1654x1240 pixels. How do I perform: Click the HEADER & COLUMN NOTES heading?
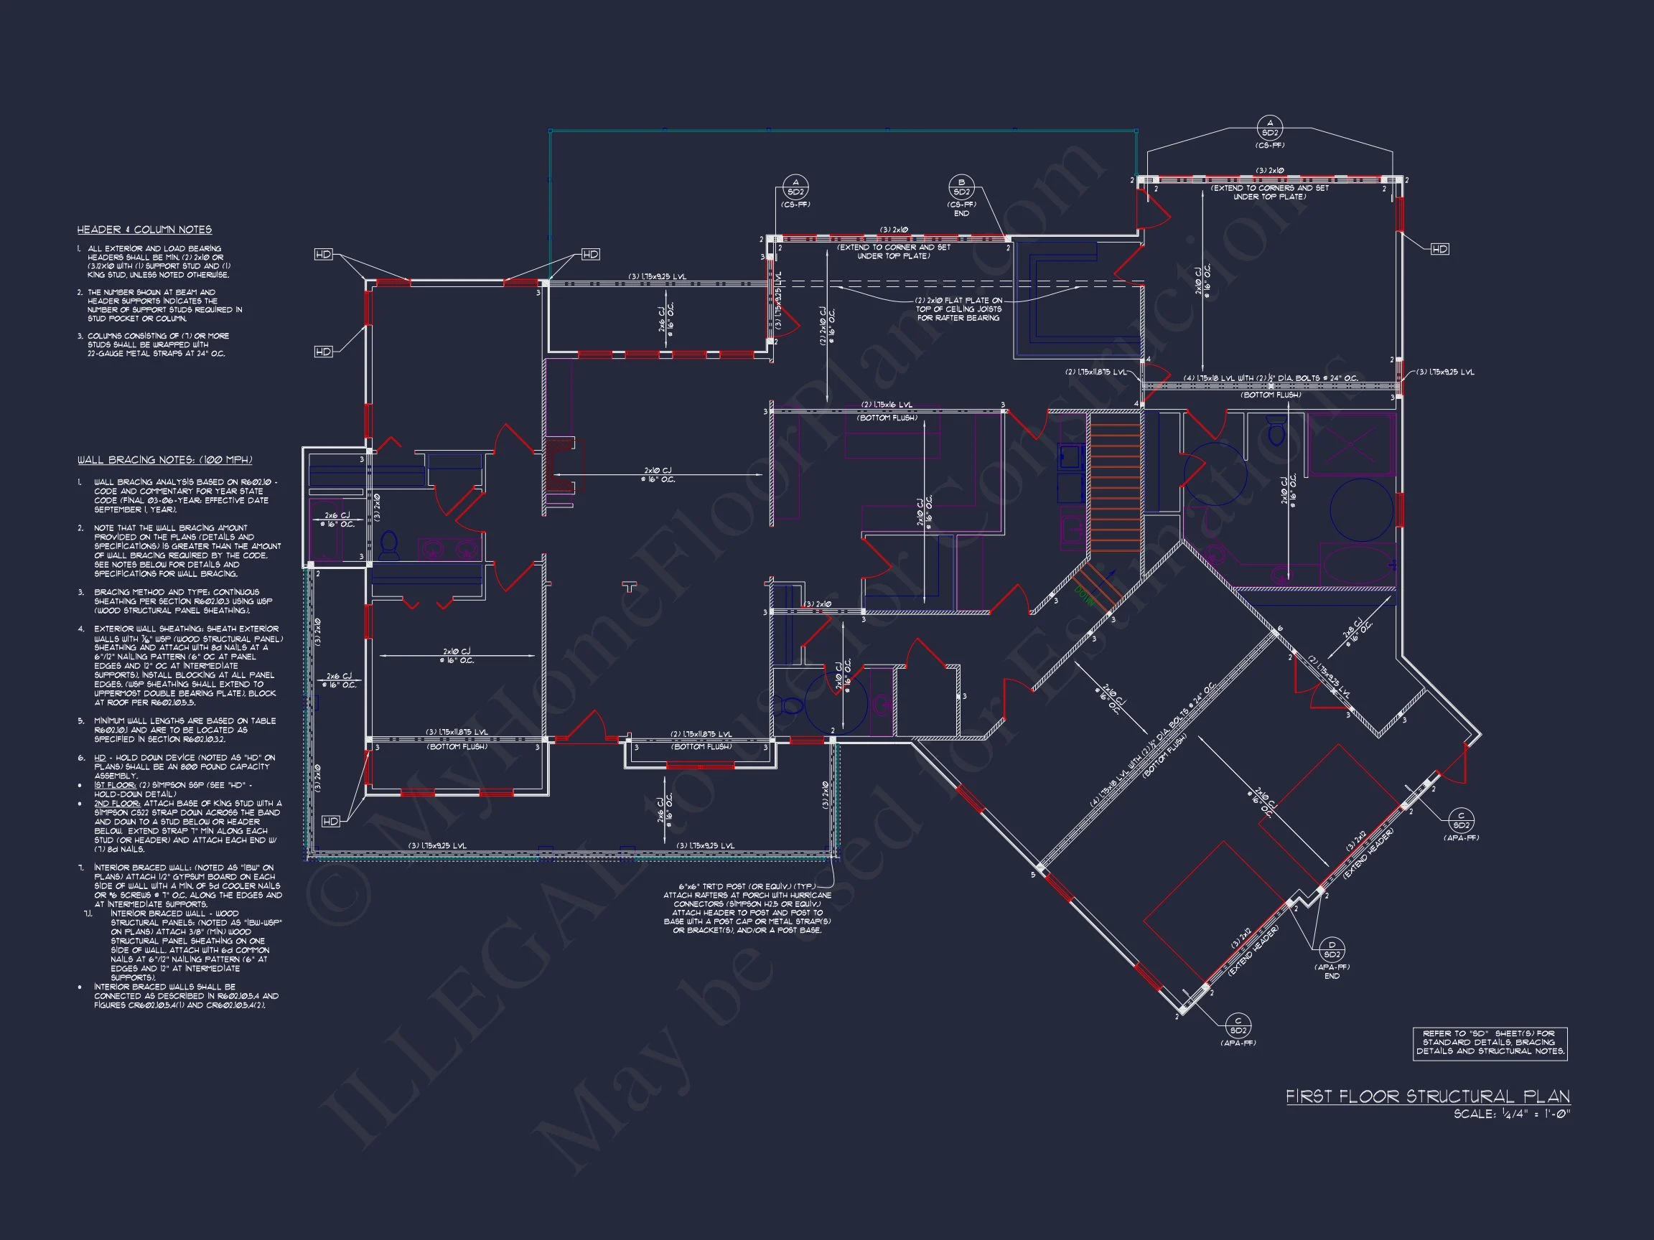tap(144, 230)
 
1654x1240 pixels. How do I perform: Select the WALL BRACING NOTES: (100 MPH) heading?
tap(164, 460)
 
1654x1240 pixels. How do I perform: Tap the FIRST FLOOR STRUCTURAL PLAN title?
tap(1427, 1096)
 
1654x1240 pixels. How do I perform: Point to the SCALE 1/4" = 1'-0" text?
tap(1511, 1114)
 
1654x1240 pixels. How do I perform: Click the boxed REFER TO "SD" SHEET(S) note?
tap(1490, 1043)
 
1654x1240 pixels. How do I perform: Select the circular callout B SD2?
tap(961, 187)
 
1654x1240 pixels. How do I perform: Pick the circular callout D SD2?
tap(1332, 949)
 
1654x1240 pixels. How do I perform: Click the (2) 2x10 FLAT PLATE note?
tap(958, 309)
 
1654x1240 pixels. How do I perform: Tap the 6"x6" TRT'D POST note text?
tap(747, 908)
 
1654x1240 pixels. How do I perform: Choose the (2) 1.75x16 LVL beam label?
tap(887, 405)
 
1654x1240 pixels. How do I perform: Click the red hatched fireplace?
tap(559, 465)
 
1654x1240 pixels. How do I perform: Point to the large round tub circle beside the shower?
tap(1361, 510)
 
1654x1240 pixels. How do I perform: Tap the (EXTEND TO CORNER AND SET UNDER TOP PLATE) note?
tap(894, 251)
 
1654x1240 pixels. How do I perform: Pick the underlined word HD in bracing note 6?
tap(101, 758)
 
